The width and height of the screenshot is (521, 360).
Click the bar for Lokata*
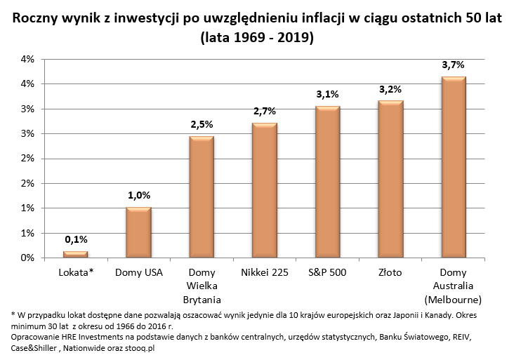pyautogui.click(x=76, y=254)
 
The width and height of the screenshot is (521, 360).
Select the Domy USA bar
pyautogui.click(x=138, y=232)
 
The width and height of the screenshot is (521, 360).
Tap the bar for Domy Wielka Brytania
pyautogui.click(x=202, y=197)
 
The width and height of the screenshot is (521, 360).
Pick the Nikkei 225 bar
pyautogui.click(x=265, y=190)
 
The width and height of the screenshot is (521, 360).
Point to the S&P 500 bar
pyautogui.click(x=327, y=182)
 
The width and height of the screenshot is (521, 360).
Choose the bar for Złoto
pyautogui.click(x=390, y=179)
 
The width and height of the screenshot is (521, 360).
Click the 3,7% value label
pyautogui.click(x=453, y=65)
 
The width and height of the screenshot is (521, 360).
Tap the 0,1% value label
pyautogui.click(x=76, y=240)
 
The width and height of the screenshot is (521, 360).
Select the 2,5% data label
pyautogui.click(x=202, y=124)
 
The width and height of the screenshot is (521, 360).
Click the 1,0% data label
pyautogui.click(x=138, y=196)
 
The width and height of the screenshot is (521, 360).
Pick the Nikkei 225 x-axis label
pyautogui.click(x=265, y=272)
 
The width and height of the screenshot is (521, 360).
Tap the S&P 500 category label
pyautogui.click(x=327, y=272)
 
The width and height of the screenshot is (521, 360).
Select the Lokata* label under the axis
pyautogui.click(x=76, y=272)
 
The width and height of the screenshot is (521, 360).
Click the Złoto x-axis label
pyautogui.click(x=390, y=272)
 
